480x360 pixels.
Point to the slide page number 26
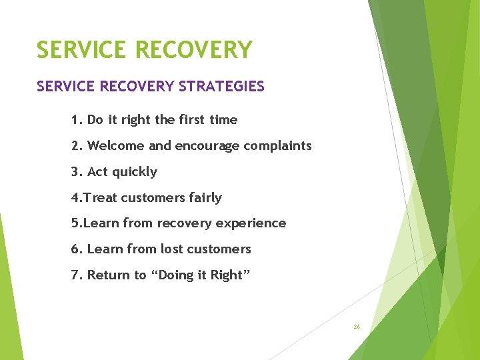[x=357, y=327]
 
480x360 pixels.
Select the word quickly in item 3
[x=135, y=172]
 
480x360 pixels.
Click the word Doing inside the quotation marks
[x=176, y=275]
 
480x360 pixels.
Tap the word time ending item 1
[x=223, y=120]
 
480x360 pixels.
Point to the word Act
[x=97, y=171]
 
